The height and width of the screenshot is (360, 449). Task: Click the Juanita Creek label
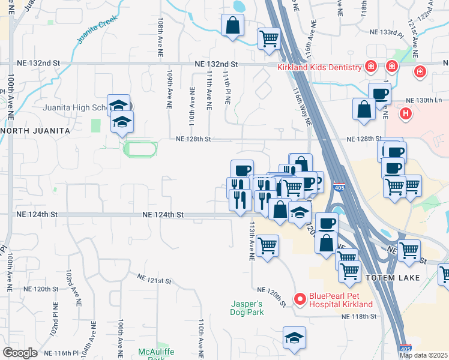pyautogui.click(x=94, y=29)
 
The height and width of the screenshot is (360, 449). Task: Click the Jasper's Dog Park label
pyautogui.click(x=247, y=308)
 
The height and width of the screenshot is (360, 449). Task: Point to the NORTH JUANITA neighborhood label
pyautogui.click(x=36, y=130)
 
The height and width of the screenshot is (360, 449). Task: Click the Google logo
pyautogui.click(x=20, y=353)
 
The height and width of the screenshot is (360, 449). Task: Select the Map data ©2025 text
pyautogui.click(x=423, y=355)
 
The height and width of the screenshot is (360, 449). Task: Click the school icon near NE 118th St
pyautogui.click(x=295, y=337)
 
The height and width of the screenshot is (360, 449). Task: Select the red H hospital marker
pyautogui.click(x=406, y=112)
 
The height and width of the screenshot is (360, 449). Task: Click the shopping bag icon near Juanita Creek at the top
pyautogui.click(x=232, y=26)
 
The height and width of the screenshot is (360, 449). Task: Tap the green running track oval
pyautogui.click(x=140, y=148)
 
